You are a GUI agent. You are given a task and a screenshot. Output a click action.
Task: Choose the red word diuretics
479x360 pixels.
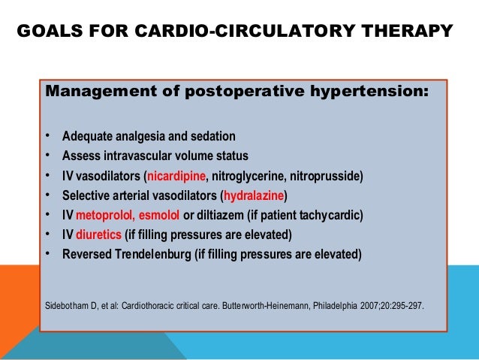(x=95, y=234)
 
